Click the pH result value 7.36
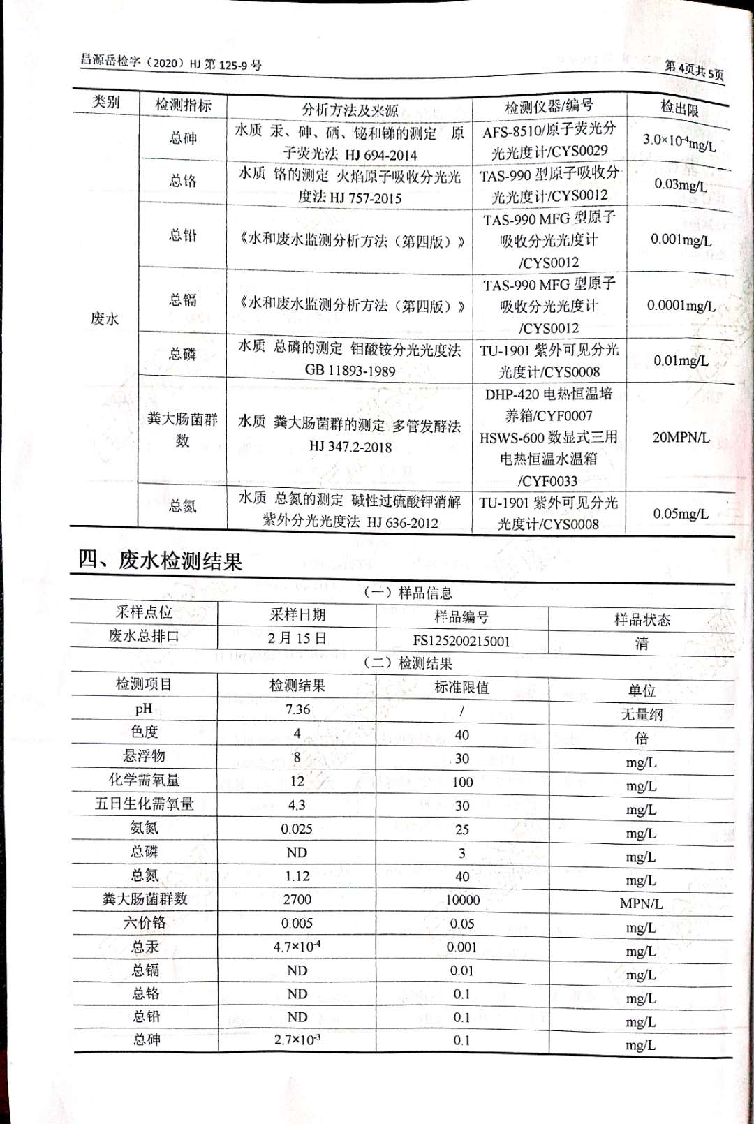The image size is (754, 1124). click(297, 709)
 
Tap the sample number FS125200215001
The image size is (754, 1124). click(461, 641)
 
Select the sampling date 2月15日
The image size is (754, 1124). click(297, 638)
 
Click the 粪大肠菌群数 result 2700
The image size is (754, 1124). click(297, 899)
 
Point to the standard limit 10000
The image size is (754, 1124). click(462, 900)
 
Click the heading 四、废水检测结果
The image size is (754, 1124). click(160, 561)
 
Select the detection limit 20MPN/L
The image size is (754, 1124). click(681, 438)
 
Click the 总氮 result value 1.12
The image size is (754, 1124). click(297, 875)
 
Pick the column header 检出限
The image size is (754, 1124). click(679, 108)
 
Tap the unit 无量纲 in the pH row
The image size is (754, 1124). click(642, 714)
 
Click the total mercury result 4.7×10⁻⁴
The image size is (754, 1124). click(297, 947)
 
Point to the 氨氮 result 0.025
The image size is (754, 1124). click(297, 829)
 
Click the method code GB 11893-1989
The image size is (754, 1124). click(350, 371)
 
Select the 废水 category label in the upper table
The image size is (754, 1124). click(105, 319)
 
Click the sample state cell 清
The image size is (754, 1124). click(642, 643)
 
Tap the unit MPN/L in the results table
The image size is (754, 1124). click(641, 903)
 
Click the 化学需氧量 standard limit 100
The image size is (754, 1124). click(462, 782)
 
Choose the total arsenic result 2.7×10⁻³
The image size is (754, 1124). click(297, 1040)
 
